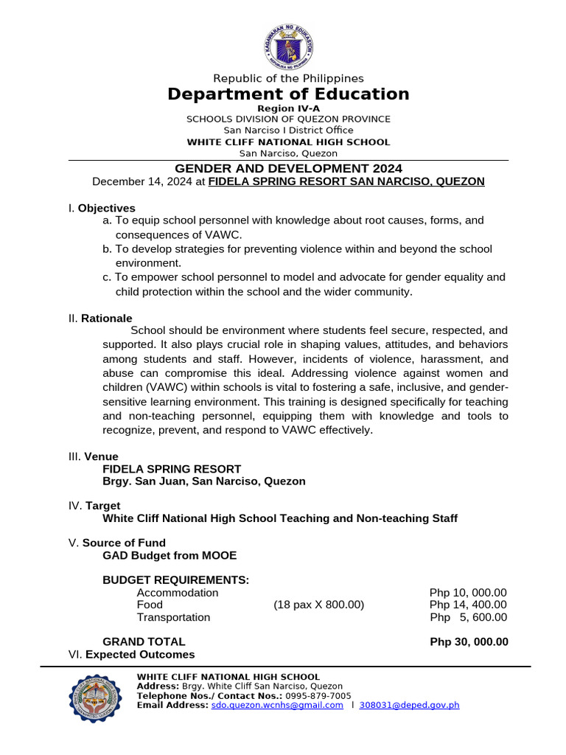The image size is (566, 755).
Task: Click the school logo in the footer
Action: coord(94,698)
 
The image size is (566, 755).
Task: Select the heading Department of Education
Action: coord(288,94)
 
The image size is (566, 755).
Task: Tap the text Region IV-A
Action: coord(288,108)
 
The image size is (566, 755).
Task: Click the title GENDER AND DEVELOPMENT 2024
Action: coord(288,169)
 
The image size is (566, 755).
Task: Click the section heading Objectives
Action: coord(107,208)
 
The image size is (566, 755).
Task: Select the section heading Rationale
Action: coord(108,318)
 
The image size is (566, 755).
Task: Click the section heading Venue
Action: coord(101,456)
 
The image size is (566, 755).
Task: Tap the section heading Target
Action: coord(103,506)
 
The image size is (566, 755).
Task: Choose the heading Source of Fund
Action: coord(124,543)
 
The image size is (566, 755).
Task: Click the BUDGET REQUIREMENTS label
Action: coord(175,580)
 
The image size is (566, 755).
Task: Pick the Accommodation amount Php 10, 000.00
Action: coord(468,593)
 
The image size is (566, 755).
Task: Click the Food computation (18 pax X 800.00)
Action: coord(319,605)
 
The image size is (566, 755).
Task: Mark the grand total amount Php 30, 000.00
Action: coord(469,641)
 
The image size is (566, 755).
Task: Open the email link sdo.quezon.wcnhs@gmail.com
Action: coord(277,705)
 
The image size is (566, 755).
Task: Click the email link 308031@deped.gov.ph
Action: coord(409,705)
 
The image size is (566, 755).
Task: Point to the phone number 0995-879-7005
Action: coord(318,695)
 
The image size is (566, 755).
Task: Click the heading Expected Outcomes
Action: coord(140,654)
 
